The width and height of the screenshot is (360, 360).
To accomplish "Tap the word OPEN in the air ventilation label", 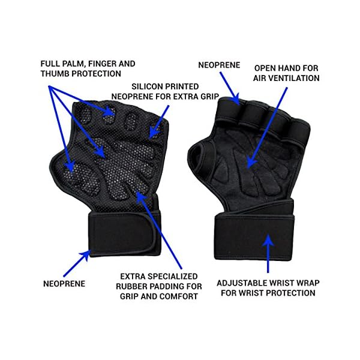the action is click(265, 68).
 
